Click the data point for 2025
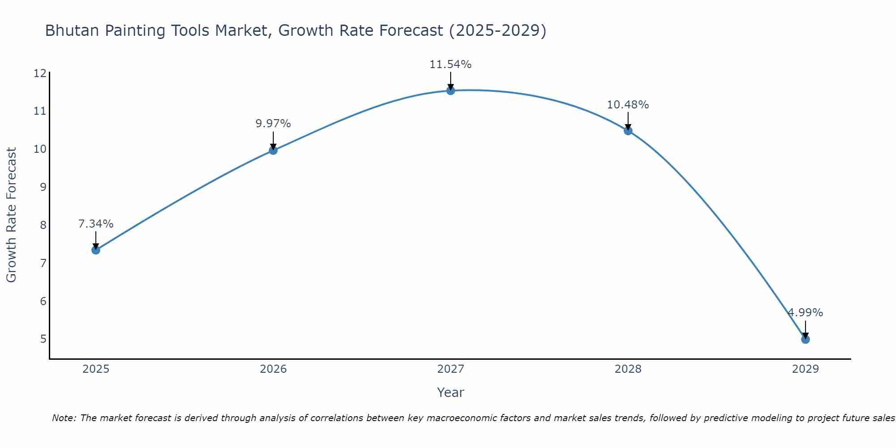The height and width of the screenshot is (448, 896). pyautogui.click(x=95, y=250)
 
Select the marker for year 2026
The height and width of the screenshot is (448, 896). pyautogui.click(x=273, y=151)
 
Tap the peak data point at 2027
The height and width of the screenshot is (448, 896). pyautogui.click(x=451, y=91)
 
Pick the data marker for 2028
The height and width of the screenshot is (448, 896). pyautogui.click(x=628, y=131)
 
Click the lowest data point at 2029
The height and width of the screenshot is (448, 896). pyautogui.click(x=806, y=340)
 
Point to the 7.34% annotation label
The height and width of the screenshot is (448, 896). pyautogui.click(x=95, y=224)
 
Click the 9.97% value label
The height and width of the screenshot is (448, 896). pyautogui.click(x=273, y=124)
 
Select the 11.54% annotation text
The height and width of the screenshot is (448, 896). pyautogui.click(x=451, y=65)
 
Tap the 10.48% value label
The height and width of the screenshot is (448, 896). pyautogui.click(x=628, y=105)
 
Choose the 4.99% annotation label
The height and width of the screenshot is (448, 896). pyautogui.click(x=806, y=313)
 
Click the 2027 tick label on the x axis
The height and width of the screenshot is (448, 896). pyautogui.click(x=451, y=369)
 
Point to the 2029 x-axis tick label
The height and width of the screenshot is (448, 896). pyautogui.click(x=806, y=369)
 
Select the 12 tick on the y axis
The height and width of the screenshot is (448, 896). pyautogui.click(x=40, y=73)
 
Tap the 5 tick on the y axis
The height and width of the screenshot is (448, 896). pyautogui.click(x=43, y=339)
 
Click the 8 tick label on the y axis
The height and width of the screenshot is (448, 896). pyautogui.click(x=43, y=225)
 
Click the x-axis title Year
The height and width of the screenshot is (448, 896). pyautogui.click(x=451, y=392)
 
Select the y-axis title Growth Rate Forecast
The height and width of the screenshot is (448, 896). pyautogui.click(x=11, y=215)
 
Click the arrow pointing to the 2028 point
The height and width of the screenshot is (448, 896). pyautogui.click(x=628, y=121)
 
